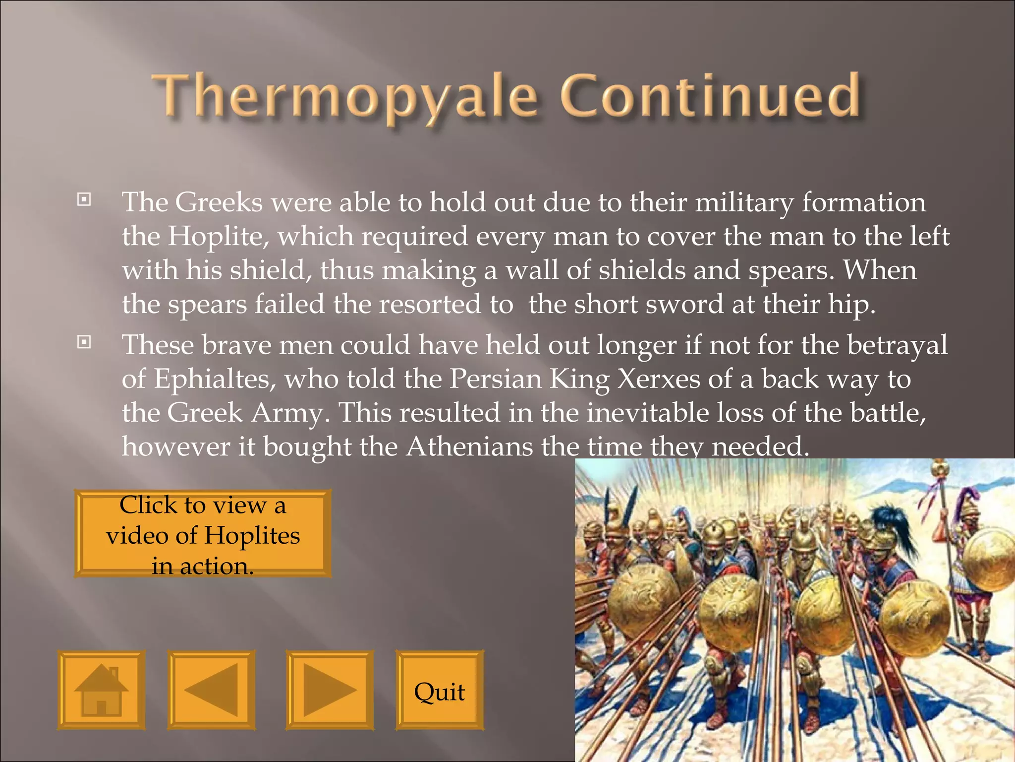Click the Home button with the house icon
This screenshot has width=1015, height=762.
point(101,690)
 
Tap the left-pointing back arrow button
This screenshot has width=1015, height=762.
point(211,690)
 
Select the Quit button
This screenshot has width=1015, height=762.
point(439,691)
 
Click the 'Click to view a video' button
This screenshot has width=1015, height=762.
point(203,534)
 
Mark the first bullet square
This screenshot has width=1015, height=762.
point(84,200)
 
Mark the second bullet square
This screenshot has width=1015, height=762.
point(84,342)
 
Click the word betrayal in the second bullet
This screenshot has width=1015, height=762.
point(897,345)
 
